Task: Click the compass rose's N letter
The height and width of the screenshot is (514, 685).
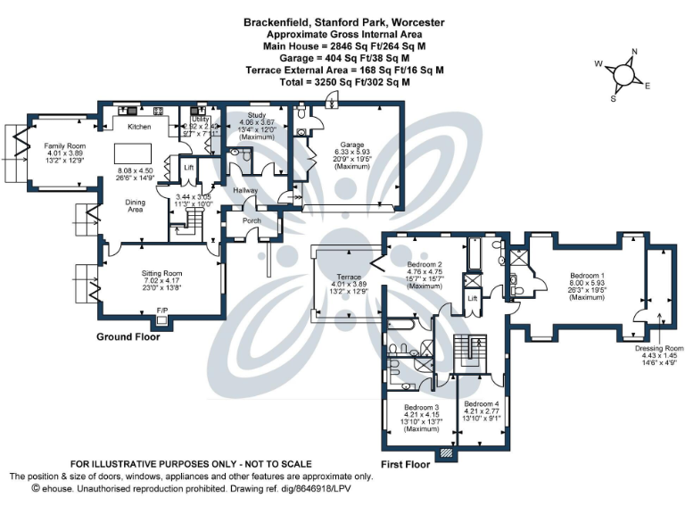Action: click(634, 52)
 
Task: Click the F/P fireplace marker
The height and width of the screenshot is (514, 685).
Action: click(162, 311)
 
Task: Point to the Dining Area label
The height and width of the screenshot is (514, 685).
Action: click(135, 205)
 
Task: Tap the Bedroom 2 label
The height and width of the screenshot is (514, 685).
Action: click(425, 265)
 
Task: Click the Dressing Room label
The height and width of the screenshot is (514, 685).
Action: click(659, 348)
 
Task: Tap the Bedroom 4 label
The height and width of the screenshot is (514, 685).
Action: click(482, 403)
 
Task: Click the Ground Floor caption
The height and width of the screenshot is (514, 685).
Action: click(128, 338)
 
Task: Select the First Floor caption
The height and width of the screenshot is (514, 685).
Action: click(405, 465)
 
